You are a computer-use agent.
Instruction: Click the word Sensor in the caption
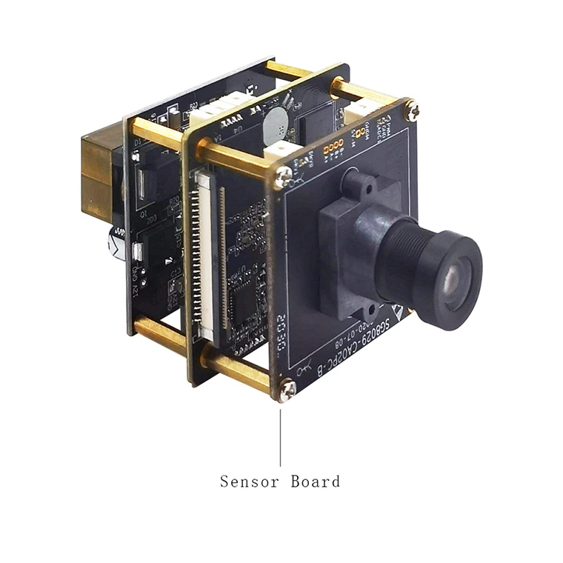coord(247,482)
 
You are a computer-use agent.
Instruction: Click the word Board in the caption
coord(316,482)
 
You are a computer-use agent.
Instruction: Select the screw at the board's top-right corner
coord(413,112)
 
